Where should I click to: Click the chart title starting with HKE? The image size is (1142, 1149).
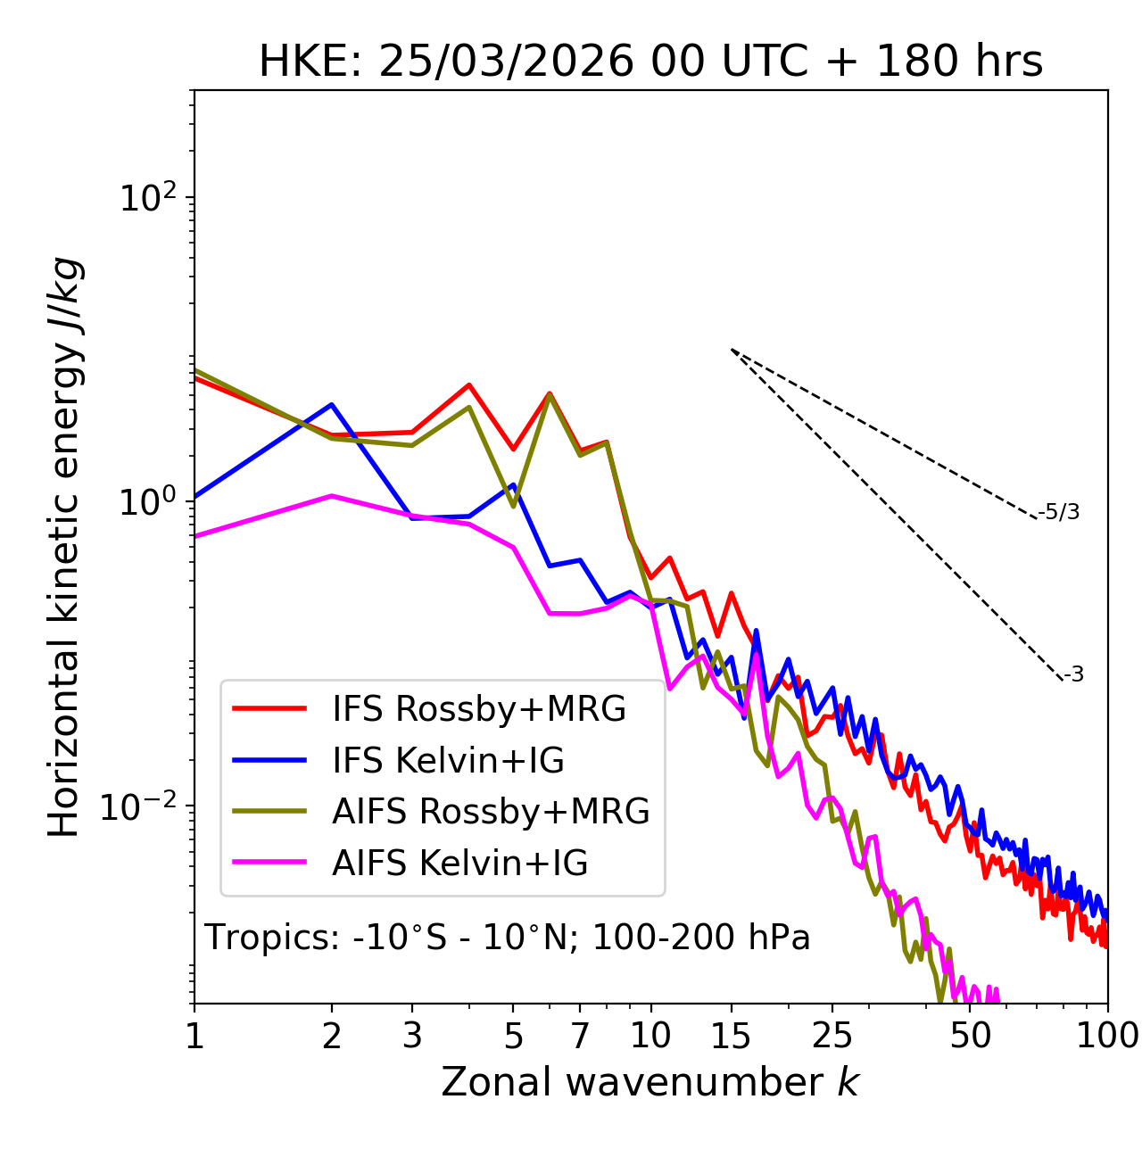tap(650, 62)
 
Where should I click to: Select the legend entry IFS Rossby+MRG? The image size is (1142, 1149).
tap(478, 709)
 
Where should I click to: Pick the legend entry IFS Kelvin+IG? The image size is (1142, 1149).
tap(448, 761)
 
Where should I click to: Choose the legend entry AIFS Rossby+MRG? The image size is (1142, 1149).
tap(491, 812)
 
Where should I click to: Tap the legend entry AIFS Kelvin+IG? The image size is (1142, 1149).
tap(459, 864)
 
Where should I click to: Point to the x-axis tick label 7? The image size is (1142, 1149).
tap(580, 1036)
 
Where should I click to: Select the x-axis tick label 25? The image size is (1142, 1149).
tap(832, 1036)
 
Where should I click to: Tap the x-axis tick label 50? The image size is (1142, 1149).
tap(970, 1036)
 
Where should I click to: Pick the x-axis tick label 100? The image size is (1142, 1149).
tap(1107, 1036)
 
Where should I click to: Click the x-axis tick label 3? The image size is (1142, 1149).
tap(412, 1036)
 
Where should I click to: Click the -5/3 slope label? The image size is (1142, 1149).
tap(1059, 512)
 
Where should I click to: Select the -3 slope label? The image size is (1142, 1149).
tap(1073, 674)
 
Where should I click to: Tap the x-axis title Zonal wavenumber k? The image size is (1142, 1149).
tap(650, 1082)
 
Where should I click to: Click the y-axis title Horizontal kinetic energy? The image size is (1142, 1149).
tap(64, 547)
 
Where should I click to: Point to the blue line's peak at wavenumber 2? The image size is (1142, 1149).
tap(332, 404)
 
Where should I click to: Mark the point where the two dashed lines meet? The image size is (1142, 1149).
tap(732, 350)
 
